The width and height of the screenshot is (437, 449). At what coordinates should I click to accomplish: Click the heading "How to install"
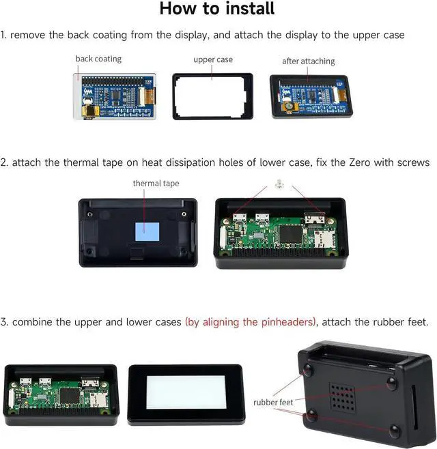[217, 9]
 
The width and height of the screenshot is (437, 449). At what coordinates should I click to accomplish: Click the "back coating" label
[98, 59]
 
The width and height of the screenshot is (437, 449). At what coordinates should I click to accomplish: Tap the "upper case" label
[213, 59]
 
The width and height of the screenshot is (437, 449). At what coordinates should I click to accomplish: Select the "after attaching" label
[309, 61]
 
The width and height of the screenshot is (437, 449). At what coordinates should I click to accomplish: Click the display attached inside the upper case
[310, 96]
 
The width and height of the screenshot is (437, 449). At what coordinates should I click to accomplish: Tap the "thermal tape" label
[156, 183]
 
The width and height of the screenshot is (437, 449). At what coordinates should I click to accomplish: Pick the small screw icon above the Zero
[279, 183]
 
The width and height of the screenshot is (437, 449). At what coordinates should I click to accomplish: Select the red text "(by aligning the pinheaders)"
[251, 321]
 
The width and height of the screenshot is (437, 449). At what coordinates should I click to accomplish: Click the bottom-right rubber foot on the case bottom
[395, 431]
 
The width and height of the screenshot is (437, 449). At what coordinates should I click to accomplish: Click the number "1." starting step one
[4, 35]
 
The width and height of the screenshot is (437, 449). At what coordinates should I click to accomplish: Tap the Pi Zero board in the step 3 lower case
[60, 394]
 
